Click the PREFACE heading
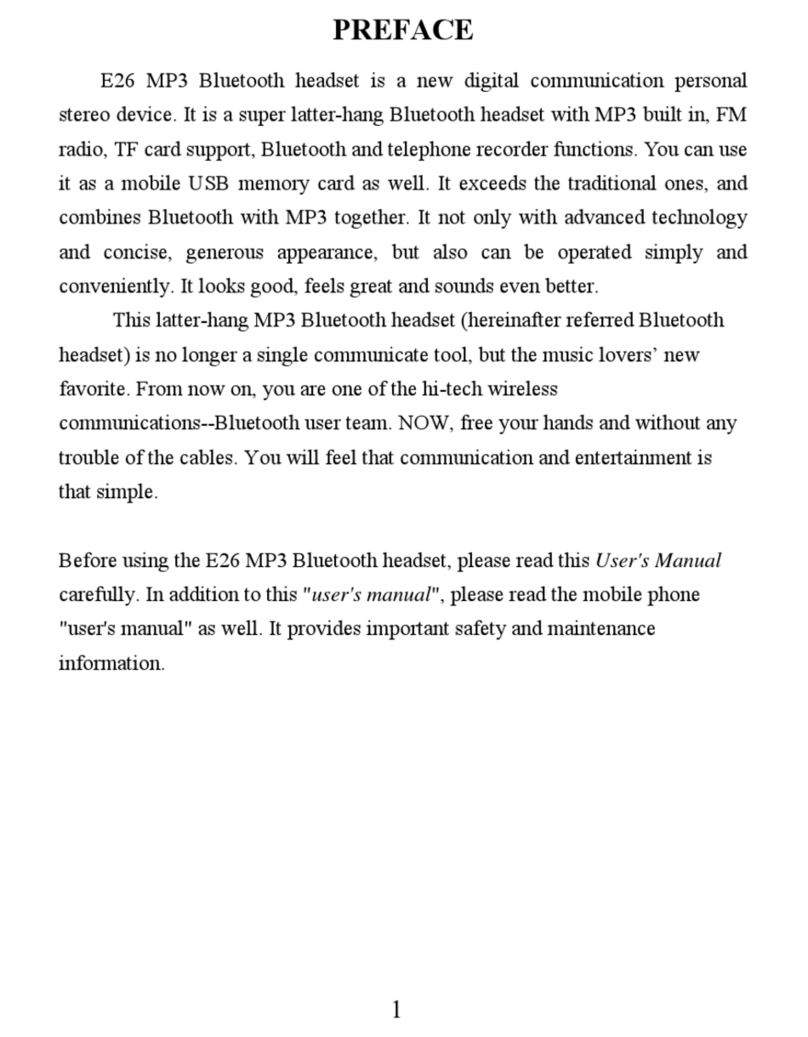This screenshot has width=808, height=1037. (x=403, y=30)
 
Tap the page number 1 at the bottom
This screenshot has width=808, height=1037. (x=397, y=1009)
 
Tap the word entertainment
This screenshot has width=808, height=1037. (x=636, y=457)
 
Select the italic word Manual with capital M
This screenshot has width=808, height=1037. (x=688, y=561)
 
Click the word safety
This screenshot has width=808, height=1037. (x=518, y=629)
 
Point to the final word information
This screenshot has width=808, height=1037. (x=111, y=663)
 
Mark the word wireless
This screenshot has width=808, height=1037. (x=523, y=388)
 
